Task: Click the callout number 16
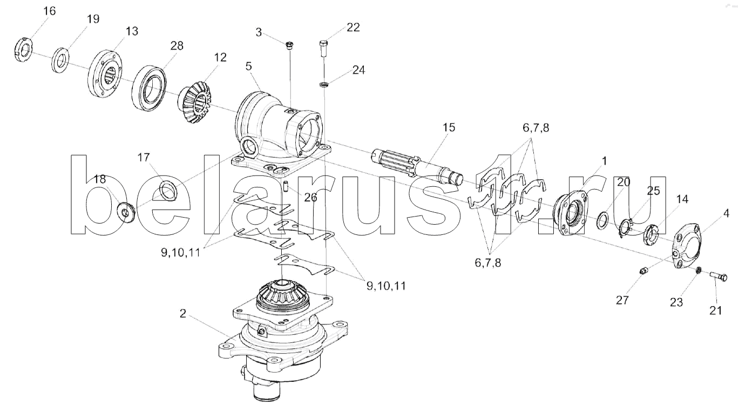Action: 50,11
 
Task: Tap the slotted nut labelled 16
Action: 24,50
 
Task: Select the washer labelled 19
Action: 60,60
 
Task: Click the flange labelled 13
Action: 105,73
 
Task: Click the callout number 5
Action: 248,66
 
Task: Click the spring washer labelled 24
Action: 324,84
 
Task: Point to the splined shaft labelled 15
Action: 417,168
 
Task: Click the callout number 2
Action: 183,314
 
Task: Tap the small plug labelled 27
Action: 643,271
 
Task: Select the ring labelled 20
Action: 604,220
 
